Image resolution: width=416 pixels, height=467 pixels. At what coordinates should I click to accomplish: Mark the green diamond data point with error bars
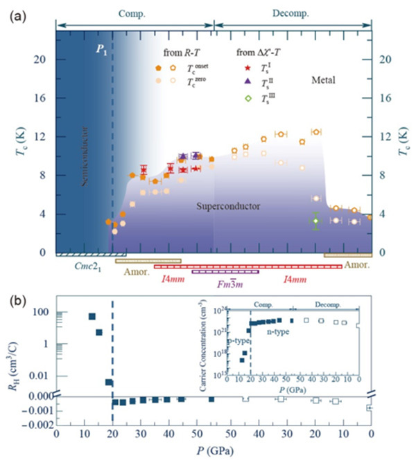[315, 221]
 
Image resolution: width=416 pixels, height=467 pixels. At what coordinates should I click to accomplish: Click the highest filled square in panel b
[92, 317]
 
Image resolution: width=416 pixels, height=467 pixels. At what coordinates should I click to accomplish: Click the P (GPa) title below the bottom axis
[214, 455]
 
